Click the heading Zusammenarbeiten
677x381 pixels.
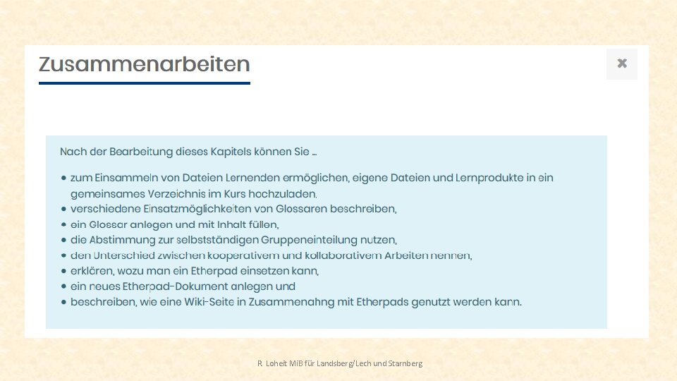pos(144,64)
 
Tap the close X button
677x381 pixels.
pos(621,64)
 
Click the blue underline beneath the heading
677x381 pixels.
pos(144,83)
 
